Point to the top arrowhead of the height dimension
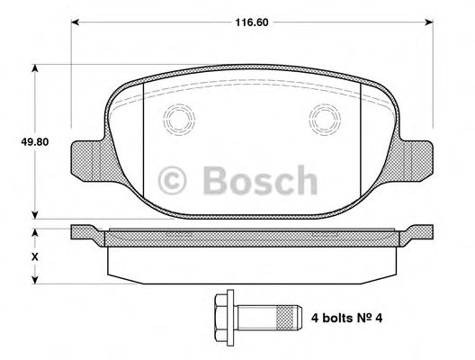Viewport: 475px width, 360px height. (37, 67)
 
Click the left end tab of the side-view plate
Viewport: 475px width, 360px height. (86, 232)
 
